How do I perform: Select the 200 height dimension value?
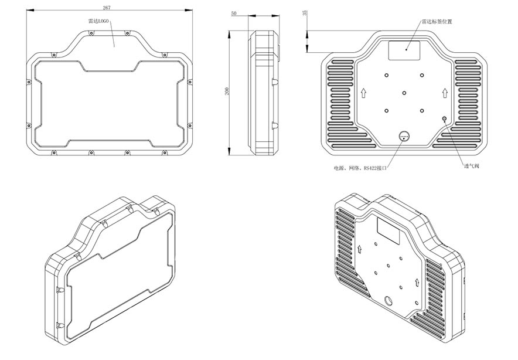tap(227, 91)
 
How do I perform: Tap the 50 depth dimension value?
tap(234, 13)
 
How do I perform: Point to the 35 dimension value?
tap(305, 13)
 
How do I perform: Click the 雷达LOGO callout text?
tap(98, 21)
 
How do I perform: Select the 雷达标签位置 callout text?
tap(437, 22)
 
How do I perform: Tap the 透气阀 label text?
tap(472, 166)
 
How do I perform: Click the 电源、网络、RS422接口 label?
tap(360, 168)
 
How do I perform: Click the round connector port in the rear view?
tap(404, 135)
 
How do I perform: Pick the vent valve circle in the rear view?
tap(444, 118)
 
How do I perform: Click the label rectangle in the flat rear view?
tap(404, 50)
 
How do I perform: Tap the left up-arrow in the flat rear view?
tap(363, 93)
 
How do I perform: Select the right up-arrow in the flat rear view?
tap(445, 93)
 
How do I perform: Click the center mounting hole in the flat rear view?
tap(404, 93)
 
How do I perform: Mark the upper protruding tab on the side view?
tap(275, 82)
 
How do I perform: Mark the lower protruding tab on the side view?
tap(275, 125)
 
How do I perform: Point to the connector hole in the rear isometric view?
tap(388, 301)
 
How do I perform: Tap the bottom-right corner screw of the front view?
tap(165, 152)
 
